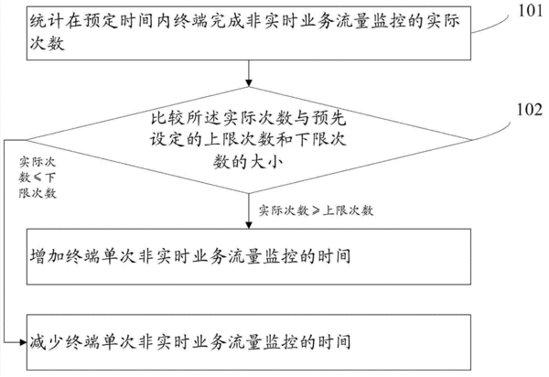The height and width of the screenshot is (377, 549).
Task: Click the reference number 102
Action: pyautogui.click(x=530, y=109)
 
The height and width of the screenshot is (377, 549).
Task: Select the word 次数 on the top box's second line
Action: pyautogui.click(x=47, y=43)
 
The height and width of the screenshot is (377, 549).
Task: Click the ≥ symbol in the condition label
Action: pyautogui.click(x=316, y=210)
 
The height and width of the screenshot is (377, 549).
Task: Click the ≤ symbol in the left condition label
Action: pyautogui.click(x=38, y=178)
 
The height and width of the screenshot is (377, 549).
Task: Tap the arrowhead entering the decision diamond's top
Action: pyautogui.click(x=249, y=82)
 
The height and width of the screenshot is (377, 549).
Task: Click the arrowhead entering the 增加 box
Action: pyautogui.click(x=249, y=225)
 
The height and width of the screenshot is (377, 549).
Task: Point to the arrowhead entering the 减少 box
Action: pyautogui.click(x=23, y=342)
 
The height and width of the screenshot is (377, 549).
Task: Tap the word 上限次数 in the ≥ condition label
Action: pyautogui.click(x=348, y=210)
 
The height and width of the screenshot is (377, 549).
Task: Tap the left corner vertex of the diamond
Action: pyautogui.click(x=27, y=140)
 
